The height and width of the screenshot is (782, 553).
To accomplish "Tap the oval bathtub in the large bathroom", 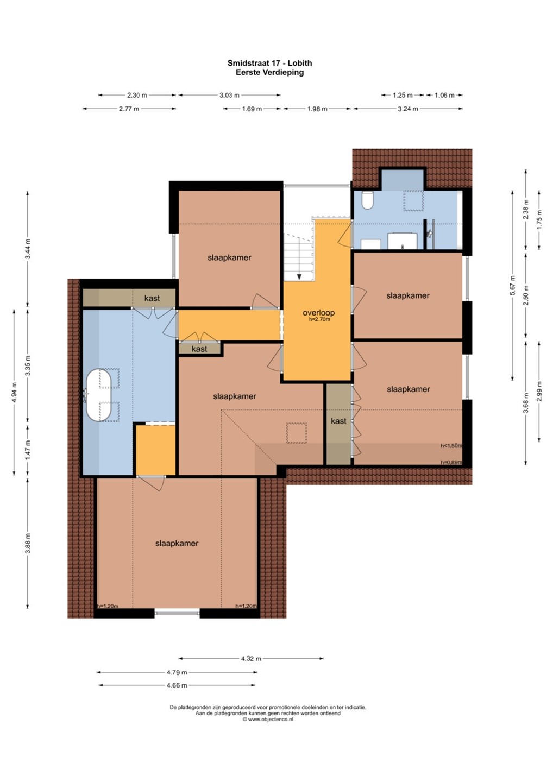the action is click(x=99, y=394).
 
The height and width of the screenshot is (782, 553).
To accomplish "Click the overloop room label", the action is click(x=318, y=313).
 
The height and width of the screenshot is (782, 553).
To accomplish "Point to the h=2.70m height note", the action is click(x=319, y=319).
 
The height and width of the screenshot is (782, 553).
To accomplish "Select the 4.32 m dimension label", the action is click(x=251, y=659).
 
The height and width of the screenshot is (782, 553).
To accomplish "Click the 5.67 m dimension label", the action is click(x=512, y=285).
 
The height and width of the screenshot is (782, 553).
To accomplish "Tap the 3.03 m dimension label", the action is click(x=229, y=95).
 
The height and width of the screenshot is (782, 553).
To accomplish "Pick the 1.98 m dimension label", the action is click(x=317, y=109).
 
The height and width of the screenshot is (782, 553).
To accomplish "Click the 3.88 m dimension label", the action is click(x=28, y=544).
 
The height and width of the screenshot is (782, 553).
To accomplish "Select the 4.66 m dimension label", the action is click(x=177, y=685).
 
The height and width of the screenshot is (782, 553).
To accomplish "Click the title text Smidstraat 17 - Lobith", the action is click(x=269, y=63).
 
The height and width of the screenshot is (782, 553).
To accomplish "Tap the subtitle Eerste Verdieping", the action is click(x=269, y=73).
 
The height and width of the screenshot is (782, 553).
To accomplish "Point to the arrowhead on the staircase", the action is click(x=299, y=276).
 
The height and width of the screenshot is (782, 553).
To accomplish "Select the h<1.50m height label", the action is click(x=451, y=446).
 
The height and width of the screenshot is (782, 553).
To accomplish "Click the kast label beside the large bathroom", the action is click(x=152, y=298).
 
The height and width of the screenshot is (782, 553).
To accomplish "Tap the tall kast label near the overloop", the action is click(x=338, y=421).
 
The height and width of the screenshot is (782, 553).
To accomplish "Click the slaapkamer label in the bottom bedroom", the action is click(x=177, y=543).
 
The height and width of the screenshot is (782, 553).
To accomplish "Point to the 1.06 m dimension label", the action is click(x=444, y=95).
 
